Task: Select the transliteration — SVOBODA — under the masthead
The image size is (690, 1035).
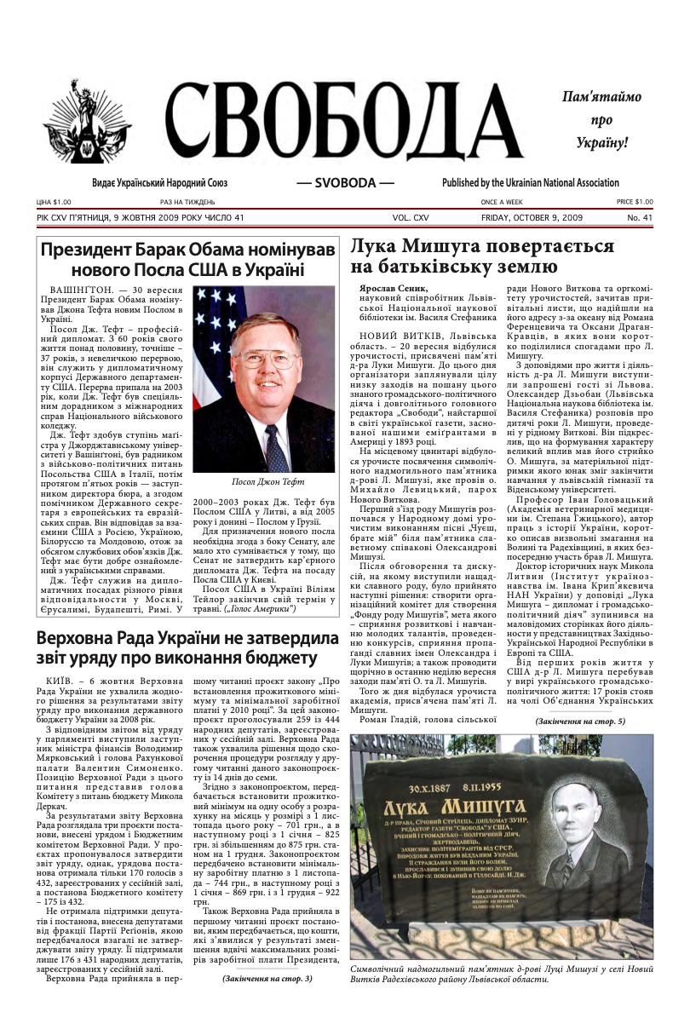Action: point(345,183)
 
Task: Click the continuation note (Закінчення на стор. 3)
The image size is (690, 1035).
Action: point(267,978)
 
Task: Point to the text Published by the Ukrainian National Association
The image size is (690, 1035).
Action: point(530,183)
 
